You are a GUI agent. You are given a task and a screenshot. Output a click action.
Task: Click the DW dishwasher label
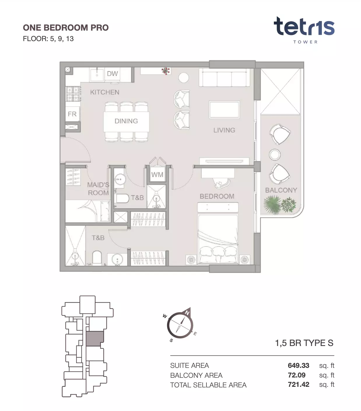point(113,73)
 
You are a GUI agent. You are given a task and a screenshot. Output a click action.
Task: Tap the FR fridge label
point(72,114)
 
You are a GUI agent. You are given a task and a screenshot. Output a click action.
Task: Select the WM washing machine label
point(157,175)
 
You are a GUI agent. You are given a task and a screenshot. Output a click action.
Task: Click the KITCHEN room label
point(105,92)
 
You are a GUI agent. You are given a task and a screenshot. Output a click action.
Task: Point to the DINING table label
point(126,121)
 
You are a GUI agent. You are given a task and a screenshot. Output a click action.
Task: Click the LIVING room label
point(224,130)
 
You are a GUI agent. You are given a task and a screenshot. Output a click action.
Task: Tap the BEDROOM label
point(217,196)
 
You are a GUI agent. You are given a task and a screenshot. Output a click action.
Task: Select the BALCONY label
point(281,190)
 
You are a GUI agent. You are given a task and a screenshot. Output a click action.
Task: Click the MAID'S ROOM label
point(98,189)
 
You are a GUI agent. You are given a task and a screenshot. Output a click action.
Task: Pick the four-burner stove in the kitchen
point(73,94)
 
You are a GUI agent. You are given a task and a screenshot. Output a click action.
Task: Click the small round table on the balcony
point(275,154)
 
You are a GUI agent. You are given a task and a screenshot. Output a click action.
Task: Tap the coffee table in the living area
point(225,110)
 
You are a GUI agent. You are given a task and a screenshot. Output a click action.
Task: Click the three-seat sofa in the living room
point(225,78)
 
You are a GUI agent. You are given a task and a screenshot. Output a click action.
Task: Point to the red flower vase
point(166,71)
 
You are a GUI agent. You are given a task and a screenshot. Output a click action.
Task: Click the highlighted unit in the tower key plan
point(95,339)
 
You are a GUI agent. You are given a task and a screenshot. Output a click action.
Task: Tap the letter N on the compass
point(187,313)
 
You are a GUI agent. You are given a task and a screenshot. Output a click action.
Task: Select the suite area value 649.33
point(299,365)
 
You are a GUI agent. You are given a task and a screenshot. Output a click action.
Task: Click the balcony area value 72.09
point(297,375)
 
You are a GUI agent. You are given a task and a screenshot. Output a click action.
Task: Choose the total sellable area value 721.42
point(299,384)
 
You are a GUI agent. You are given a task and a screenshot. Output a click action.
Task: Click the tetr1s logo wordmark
point(304,26)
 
